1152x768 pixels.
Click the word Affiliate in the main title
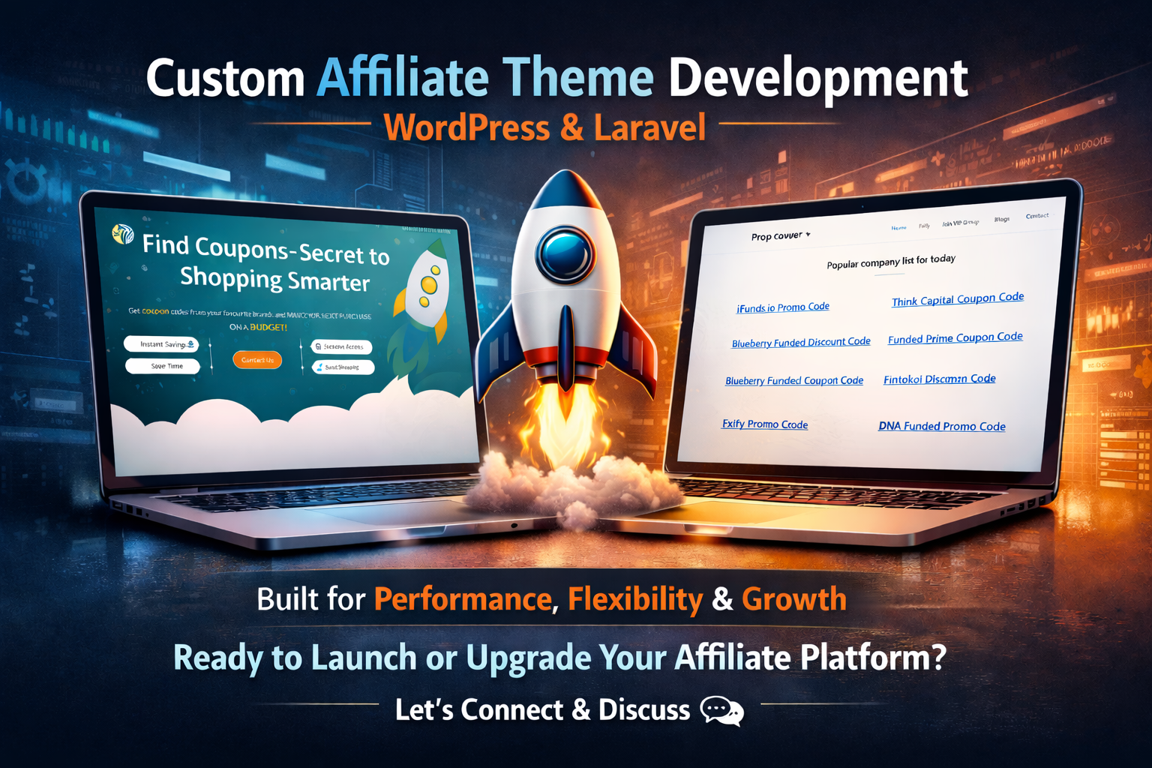pos(402,78)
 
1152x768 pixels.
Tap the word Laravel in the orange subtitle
pos(649,127)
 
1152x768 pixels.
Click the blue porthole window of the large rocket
pos(565,255)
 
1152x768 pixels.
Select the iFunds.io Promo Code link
pos(783,307)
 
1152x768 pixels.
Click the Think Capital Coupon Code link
pos(957,299)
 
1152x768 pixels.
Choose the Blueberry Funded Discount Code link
pos(801,343)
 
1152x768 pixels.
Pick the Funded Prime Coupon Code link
pos(955,338)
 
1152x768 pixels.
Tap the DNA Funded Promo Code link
pos(941,426)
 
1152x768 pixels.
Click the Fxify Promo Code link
pos(765,424)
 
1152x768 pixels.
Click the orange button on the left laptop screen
pos(257,360)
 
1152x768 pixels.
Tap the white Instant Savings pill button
pos(161,344)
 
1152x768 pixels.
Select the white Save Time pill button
pos(163,366)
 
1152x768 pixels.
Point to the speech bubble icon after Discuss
pos(721,710)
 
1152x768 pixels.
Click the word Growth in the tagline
pos(793,599)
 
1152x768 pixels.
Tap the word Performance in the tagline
pos(463,599)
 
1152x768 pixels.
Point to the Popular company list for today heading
pos(891,261)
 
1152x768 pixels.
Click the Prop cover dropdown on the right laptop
pos(781,236)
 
